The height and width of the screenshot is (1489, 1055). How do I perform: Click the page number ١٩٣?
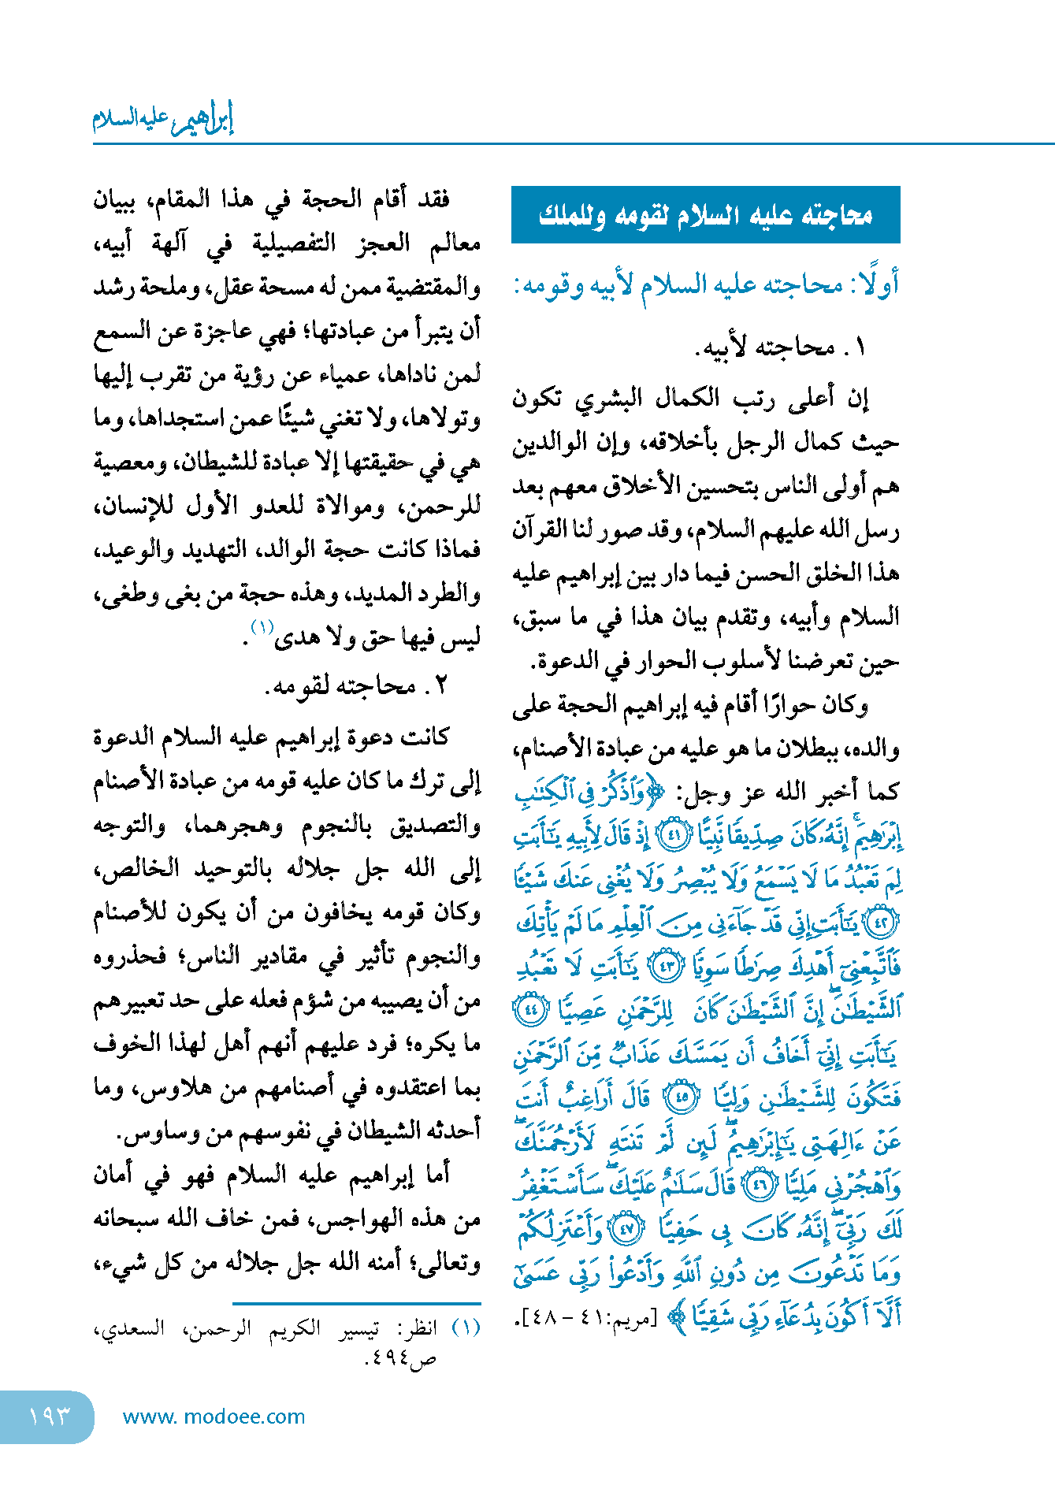pyautogui.click(x=49, y=1417)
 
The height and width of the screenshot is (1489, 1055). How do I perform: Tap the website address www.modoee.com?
pyautogui.click(x=214, y=1417)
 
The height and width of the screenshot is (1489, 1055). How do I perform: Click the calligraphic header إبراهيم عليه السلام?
pyautogui.click(x=163, y=118)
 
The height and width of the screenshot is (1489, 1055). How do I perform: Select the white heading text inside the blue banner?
pyautogui.click(x=705, y=215)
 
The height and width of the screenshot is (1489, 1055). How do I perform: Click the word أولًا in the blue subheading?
pyautogui.click(x=875, y=284)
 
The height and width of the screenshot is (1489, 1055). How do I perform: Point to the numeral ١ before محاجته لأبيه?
pyautogui.click(x=859, y=347)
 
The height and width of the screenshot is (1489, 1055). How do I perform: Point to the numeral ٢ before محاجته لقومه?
pyautogui.click(x=440, y=685)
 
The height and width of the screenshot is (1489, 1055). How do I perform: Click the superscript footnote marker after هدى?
pyautogui.click(x=262, y=626)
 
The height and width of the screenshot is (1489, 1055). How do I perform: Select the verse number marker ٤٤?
pyautogui.click(x=529, y=1009)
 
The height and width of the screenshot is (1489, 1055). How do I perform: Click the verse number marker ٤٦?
pyautogui.click(x=760, y=1185)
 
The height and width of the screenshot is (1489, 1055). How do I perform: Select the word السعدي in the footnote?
pyautogui.click(x=127, y=1328)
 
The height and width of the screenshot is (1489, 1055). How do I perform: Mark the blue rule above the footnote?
pyautogui.click(x=356, y=1304)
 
